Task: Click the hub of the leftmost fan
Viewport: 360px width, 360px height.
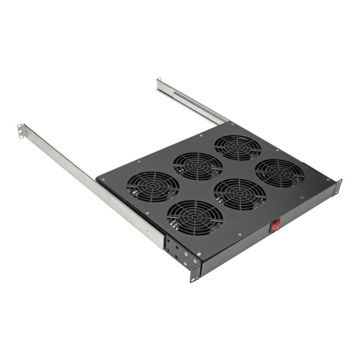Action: coord(153,186)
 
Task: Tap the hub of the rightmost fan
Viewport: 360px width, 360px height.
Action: coord(279,173)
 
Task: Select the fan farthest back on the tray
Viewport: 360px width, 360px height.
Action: coord(237,147)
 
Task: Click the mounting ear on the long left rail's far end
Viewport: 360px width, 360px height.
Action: coord(21,131)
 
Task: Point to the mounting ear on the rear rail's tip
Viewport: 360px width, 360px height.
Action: coord(159,83)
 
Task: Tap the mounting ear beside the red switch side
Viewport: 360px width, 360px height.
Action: coord(337,187)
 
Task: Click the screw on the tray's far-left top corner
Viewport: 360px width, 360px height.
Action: coord(102,180)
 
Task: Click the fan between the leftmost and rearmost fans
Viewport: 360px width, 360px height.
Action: coord(198,166)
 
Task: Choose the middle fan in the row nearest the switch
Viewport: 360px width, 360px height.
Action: coord(239,194)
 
